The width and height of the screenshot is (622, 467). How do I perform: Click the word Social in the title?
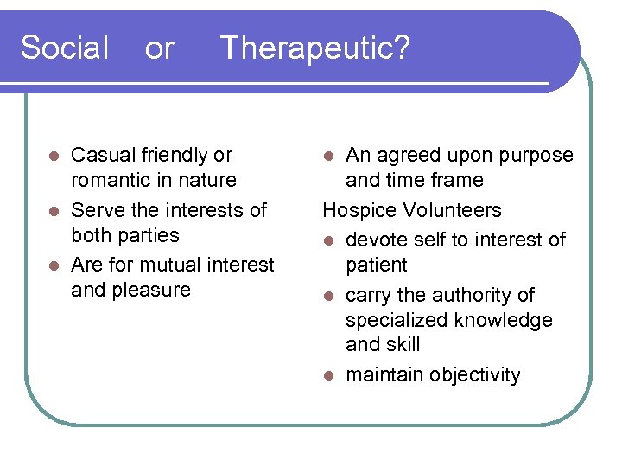point(65,48)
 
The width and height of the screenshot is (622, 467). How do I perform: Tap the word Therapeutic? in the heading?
point(314,49)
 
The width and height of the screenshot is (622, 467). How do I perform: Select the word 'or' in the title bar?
point(159,49)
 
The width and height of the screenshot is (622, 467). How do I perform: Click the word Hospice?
point(358,210)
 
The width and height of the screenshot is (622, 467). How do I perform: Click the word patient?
point(376,265)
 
